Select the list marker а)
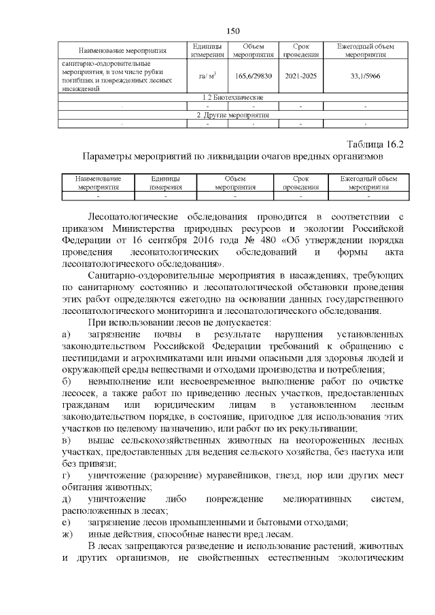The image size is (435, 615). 66,335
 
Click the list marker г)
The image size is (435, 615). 66,473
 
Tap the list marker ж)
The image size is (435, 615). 67,533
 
